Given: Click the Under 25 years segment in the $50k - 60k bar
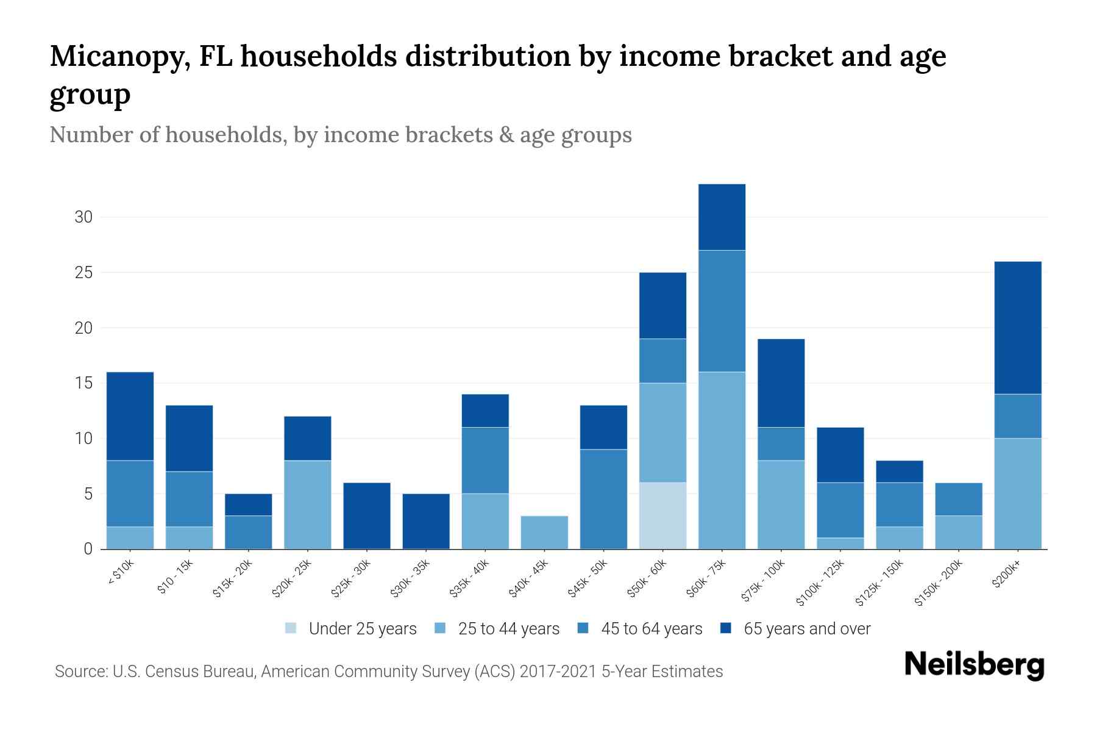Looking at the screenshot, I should pyautogui.click(x=662, y=515).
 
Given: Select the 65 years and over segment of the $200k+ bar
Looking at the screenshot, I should pyautogui.click(x=1018, y=328).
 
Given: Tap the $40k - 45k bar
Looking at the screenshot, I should pyautogui.click(x=544, y=532).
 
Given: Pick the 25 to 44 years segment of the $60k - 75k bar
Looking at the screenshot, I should pyautogui.click(x=722, y=460).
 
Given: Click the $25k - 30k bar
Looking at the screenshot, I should pyautogui.click(x=367, y=515).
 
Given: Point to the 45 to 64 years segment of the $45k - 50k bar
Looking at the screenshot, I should pyautogui.click(x=603, y=499).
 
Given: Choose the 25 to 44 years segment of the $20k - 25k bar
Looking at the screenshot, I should pyautogui.click(x=308, y=504).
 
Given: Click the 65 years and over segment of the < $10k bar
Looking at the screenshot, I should pyautogui.click(x=130, y=416).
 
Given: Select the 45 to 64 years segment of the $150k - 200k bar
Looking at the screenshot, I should pyautogui.click(x=959, y=499).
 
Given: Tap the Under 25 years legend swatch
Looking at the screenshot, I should pyautogui.click(x=291, y=628).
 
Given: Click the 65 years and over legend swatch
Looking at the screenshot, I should pyautogui.click(x=726, y=628).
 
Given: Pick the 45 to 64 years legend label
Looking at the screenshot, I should pyautogui.click(x=651, y=628).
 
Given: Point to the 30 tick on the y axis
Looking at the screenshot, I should pyautogui.click(x=83, y=217).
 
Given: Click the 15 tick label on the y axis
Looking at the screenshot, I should pyautogui.click(x=83, y=383).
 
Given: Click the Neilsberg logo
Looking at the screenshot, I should pyautogui.click(x=974, y=664).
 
